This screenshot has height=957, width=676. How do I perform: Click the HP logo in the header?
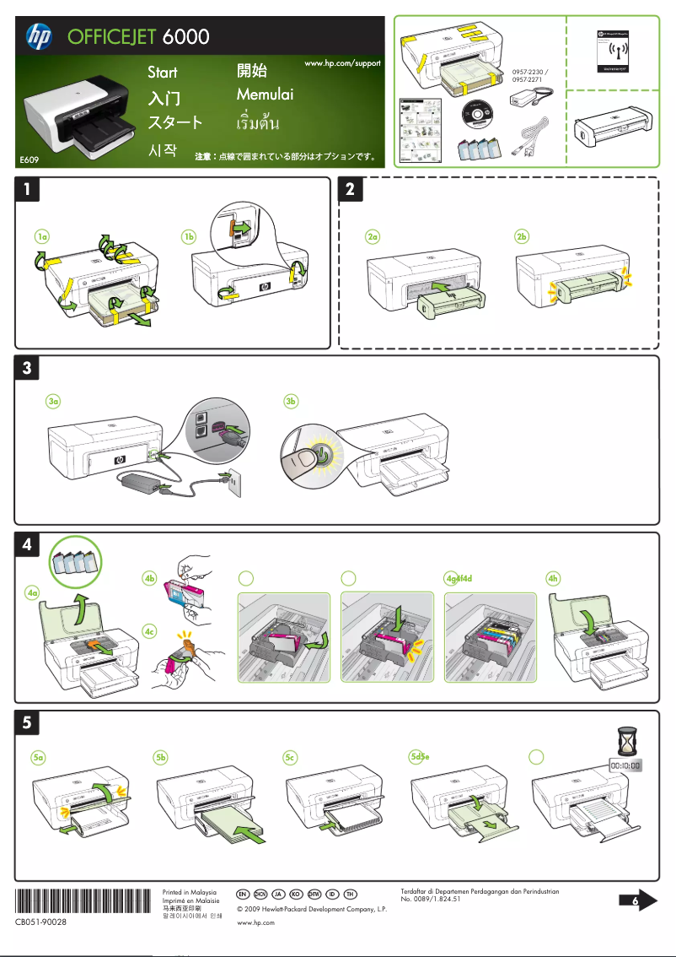click(x=39, y=36)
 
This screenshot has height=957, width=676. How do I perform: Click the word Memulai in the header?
click(x=265, y=95)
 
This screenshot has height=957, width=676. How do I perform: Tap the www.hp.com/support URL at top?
click(x=342, y=64)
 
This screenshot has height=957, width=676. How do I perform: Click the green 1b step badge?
click(x=190, y=237)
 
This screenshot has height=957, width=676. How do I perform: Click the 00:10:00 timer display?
click(x=625, y=765)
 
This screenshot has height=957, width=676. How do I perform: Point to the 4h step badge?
click(x=553, y=578)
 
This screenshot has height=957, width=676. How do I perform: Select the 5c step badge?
click(x=290, y=758)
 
